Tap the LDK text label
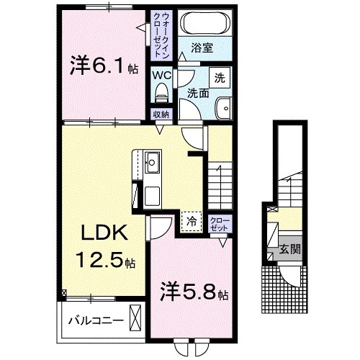(103, 233)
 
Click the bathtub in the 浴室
(203, 23)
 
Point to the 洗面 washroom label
(198, 94)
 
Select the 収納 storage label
(161, 114)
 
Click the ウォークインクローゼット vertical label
(161, 35)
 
